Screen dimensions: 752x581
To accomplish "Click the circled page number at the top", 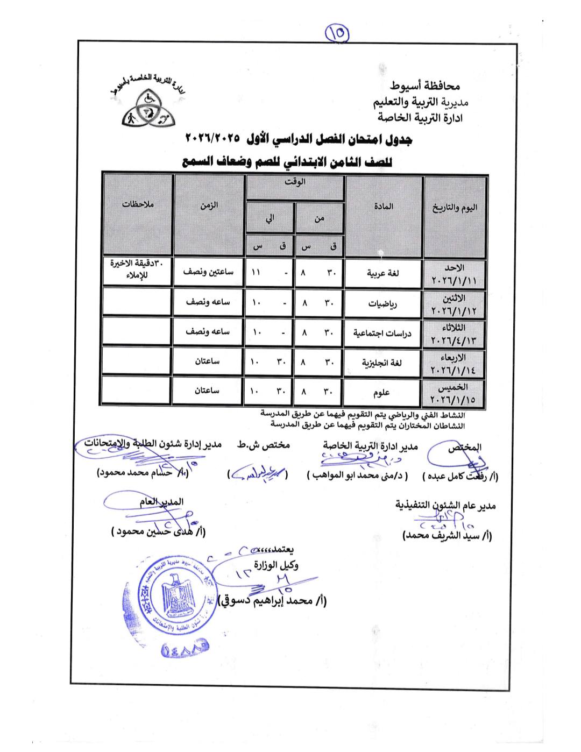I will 337,34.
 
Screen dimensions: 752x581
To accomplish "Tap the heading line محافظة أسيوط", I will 425,86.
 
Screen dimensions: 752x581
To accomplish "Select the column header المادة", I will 383,207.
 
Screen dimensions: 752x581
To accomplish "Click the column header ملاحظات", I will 138,204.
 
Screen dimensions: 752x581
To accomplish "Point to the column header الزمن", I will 209,205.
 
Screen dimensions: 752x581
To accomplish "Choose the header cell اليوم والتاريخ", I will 455,208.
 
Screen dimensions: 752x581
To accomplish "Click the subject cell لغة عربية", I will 383,273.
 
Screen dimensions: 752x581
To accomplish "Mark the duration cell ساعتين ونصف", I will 208,272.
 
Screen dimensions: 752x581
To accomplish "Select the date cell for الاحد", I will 454,274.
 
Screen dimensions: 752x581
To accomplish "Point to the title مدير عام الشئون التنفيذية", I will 445,505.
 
